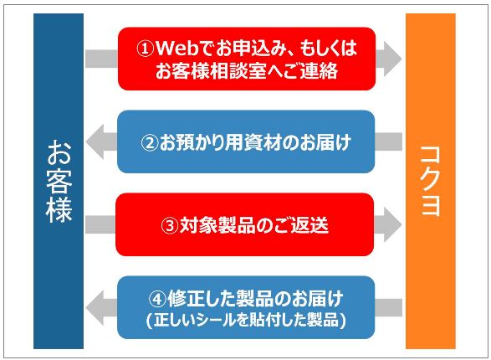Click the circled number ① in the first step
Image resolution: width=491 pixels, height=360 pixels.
(146, 49)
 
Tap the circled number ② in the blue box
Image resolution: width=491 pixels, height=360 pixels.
(150, 142)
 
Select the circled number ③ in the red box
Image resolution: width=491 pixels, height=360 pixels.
(170, 225)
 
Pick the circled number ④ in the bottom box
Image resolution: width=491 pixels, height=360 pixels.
(157, 299)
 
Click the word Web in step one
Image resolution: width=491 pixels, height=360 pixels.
(177, 49)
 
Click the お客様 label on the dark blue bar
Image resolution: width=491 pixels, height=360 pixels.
(59, 181)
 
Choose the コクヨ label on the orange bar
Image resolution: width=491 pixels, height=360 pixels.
(430, 181)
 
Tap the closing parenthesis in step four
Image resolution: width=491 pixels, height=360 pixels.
(343, 320)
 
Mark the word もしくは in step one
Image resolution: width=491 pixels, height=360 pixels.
(328, 49)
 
